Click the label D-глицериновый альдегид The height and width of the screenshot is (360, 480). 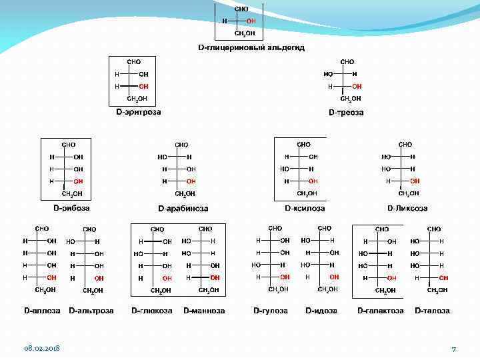(x=241, y=47)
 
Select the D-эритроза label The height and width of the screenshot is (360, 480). (x=139, y=112)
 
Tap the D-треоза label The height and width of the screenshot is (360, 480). (x=346, y=113)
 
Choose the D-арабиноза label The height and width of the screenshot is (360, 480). (x=183, y=209)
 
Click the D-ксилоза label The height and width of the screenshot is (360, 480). (x=305, y=208)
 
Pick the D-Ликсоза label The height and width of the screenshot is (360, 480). (x=408, y=208)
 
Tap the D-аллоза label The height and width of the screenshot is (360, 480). (x=42, y=311)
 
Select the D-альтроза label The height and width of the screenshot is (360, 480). (x=91, y=311)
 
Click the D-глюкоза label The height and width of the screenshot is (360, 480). (x=152, y=311)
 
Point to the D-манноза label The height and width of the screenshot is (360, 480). (x=204, y=311)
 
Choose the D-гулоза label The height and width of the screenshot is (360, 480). (x=271, y=311)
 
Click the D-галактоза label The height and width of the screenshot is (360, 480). (x=381, y=311)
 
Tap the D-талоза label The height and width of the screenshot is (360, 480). (x=432, y=311)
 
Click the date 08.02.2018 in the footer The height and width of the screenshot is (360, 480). (x=42, y=349)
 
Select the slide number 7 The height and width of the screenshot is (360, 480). (x=453, y=349)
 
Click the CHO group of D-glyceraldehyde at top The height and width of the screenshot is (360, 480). (x=241, y=9)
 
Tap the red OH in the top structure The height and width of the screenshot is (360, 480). (x=251, y=21)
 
